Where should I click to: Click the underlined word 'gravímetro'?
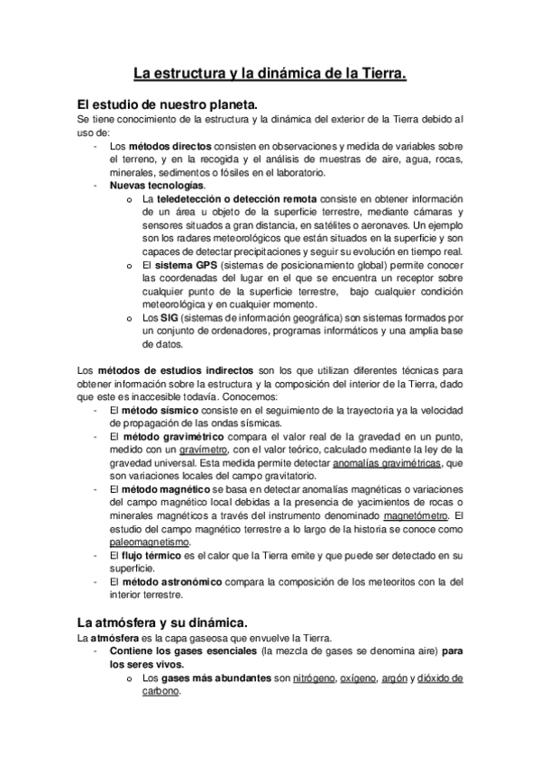click(203, 450)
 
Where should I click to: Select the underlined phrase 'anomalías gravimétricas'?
click(387, 462)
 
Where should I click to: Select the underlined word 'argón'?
click(393, 678)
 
